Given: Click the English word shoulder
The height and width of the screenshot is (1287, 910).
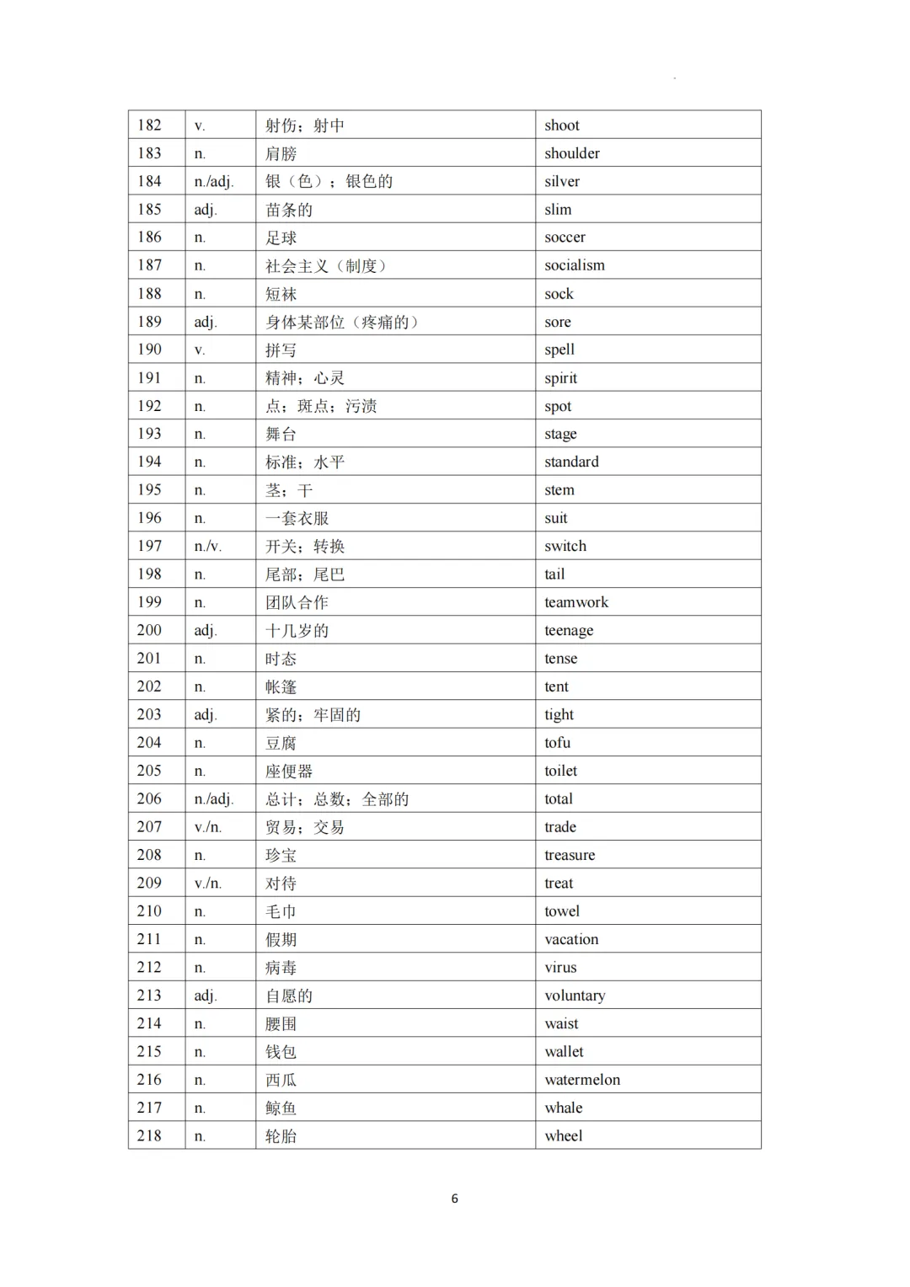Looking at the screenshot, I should pyautogui.click(x=572, y=153).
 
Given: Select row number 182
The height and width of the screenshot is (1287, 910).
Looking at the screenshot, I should pyautogui.click(x=149, y=125).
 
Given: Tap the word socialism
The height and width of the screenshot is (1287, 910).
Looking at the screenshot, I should pyautogui.click(x=575, y=265).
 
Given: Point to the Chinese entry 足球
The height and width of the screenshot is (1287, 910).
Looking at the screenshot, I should pyautogui.click(x=281, y=238).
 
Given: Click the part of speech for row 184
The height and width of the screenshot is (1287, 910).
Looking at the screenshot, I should pyautogui.click(x=214, y=182).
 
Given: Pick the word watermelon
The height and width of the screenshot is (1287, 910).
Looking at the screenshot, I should pyautogui.click(x=582, y=1080).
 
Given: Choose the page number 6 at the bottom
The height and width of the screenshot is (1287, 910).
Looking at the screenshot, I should pyautogui.click(x=455, y=1199).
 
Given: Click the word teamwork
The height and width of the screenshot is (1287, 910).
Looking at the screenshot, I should pyautogui.click(x=576, y=602).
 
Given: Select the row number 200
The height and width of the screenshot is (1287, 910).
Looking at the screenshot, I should pyautogui.click(x=149, y=630).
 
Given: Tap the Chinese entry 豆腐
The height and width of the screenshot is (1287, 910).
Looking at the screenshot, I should pyautogui.click(x=281, y=743).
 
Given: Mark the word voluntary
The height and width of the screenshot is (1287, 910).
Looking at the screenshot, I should pyautogui.click(x=575, y=996).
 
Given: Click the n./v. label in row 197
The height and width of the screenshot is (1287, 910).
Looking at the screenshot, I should pyautogui.click(x=208, y=547).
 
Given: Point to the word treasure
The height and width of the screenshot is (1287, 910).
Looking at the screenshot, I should pyautogui.click(x=570, y=855).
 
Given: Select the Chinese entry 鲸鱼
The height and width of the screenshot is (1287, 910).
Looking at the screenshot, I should pyautogui.click(x=281, y=1108).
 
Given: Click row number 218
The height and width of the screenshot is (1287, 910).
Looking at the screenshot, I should pyautogui.click(x=149, y=1135).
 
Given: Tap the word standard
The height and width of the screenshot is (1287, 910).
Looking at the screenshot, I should pyautogui.click(x=571, y=462).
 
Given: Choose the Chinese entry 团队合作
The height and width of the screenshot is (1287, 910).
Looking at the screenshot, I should pyautogui.click(x=297, y=602).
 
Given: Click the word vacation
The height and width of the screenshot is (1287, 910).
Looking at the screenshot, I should pyautogui.click(x=571, y=939).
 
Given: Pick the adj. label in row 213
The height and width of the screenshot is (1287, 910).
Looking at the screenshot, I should pyautogui.click(x=206, y=996).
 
